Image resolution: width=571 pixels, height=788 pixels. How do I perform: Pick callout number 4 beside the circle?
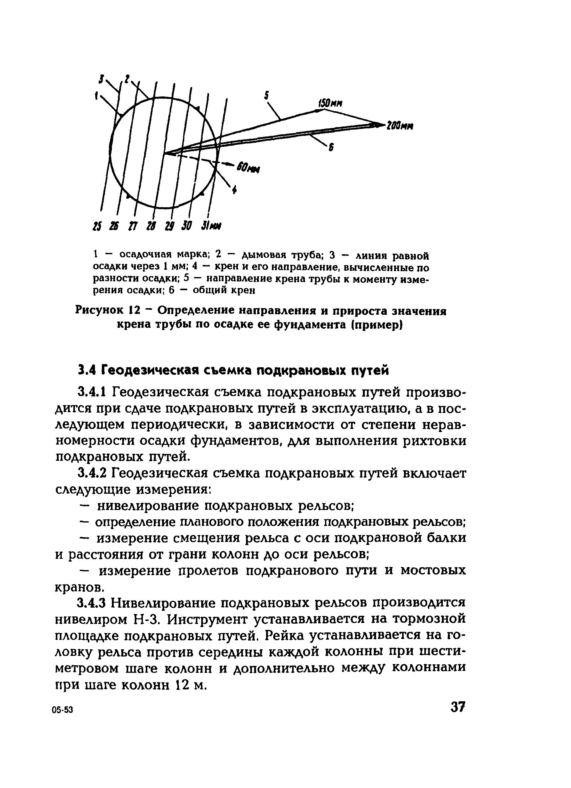[234, 189]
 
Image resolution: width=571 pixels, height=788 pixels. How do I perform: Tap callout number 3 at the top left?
[101, 80]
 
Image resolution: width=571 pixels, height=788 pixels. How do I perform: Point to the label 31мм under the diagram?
[212, 226]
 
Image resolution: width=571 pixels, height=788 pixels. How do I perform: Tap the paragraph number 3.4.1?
[92, 393]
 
